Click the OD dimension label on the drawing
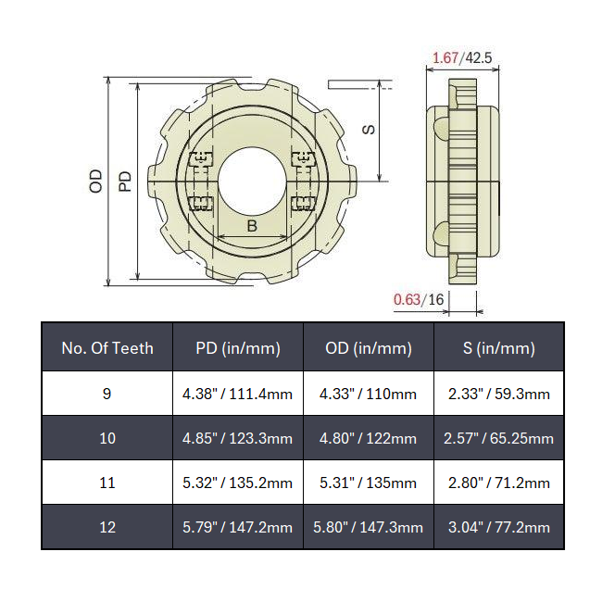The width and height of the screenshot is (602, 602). click(x=95, y=180)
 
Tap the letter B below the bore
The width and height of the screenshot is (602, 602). click(x=252, y=227)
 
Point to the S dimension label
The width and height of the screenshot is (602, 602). click(x=369, y=129)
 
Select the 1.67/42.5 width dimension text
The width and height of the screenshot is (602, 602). click(x=461, y=57)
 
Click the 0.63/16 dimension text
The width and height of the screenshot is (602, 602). click(x=419, y=299)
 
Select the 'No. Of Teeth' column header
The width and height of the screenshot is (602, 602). click(x=107, y=348)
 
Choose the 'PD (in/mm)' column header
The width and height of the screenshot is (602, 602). click(x=238, y=348)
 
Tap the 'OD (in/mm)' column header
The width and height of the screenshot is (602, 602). click(x=369, y=348)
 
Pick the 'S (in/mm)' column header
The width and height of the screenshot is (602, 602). click(x=499, y=348)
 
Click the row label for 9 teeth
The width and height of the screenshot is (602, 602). click(x=107, y=394)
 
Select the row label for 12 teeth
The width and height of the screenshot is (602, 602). click(x=107, y=527)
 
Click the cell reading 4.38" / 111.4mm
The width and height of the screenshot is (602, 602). click(x=238, y=394)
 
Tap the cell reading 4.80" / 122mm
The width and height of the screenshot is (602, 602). click(x=369, y=438)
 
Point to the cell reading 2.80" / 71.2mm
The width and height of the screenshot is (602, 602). click(x=499, y=483)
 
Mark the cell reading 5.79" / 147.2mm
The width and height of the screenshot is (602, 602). click(x=238, y=527)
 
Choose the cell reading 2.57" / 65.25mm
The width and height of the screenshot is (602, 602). click(x=499, y=438)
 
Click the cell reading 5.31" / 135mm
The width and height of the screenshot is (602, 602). click(x=369, y=483)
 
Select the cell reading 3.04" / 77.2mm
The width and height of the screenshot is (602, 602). click(x=499, y=527)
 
